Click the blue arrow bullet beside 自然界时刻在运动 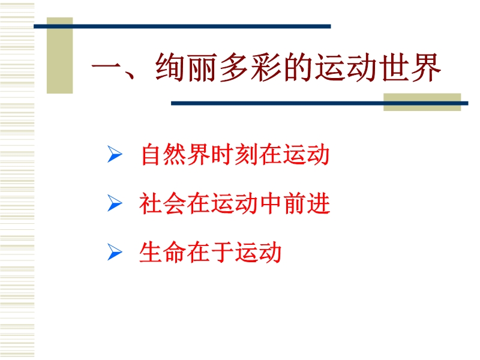[115, 154]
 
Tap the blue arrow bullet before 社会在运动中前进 [115, 203]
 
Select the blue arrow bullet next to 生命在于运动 [115, 252]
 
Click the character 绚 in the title [170, 67]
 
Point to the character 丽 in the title [202, 67]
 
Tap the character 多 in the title [234, 67]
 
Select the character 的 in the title [298, 67]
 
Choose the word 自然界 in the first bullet [175, 154]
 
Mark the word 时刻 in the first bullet [234, 154]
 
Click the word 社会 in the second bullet [162, 203]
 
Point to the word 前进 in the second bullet [307, 203]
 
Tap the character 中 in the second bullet [271, 203]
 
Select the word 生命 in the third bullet [162, 252]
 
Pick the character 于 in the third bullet [222, 252]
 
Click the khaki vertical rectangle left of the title [59, 55]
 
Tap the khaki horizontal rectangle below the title [422, 102]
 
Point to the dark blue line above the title [182, 26]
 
